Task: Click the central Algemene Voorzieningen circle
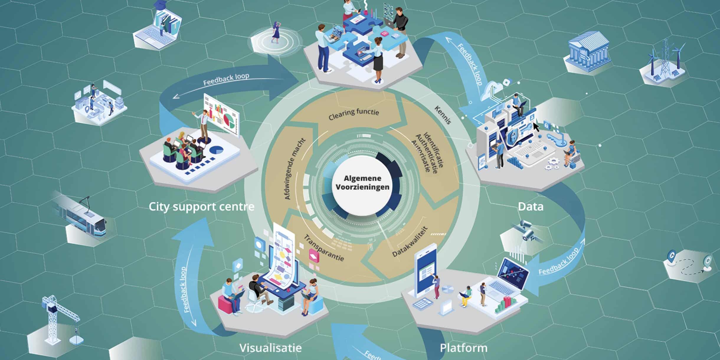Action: coord(362,182)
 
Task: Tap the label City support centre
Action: coord(201,207)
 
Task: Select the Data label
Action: coord(531,207)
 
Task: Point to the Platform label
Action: coord(464,348)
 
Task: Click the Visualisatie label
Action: coord(270,348)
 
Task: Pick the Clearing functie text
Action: coord(354,114)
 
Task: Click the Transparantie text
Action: coord(324,248)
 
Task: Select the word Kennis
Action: coord(443,115)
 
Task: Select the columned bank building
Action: coord(587,53)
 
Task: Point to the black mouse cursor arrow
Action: coord(536,126)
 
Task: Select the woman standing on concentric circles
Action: coord(277,32)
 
